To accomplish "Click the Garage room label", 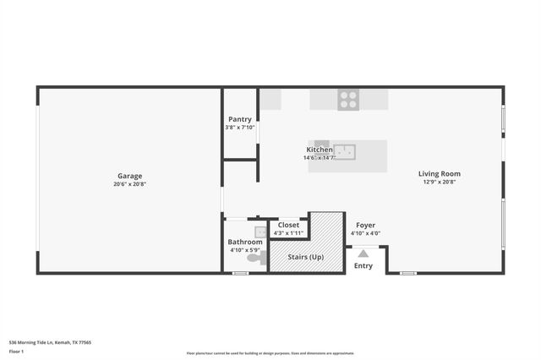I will click(129, 176).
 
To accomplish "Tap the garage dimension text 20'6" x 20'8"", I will click(129, 184).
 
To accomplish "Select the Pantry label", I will click(240, 119).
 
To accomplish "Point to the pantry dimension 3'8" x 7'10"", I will click(240, 128).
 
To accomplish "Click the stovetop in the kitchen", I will click(348, 100).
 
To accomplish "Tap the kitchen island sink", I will click(344, 152).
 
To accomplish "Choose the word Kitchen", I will click(320, 150).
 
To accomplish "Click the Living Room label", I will click(440, 174).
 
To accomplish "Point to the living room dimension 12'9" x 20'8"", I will click(440, 183).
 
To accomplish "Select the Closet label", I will click(288, 225).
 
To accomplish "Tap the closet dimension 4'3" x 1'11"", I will click(288, 232).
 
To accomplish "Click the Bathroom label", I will click(246, 242).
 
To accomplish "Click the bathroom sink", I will click(261, 231).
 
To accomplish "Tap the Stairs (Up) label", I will click(304, 257).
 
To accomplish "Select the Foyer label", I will click(365, 226).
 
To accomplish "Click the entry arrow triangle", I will click(363, 253).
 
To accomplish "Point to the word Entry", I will click(363, 266).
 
